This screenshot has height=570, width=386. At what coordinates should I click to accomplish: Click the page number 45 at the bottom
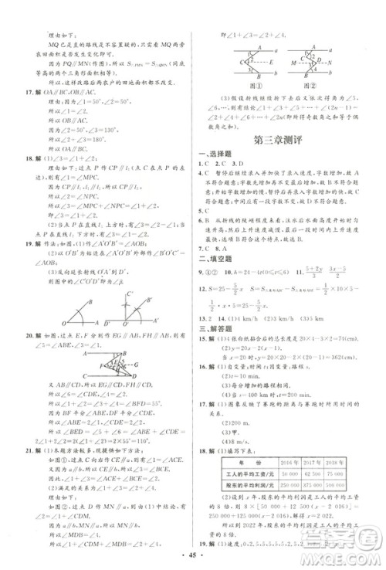click(193, 555)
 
